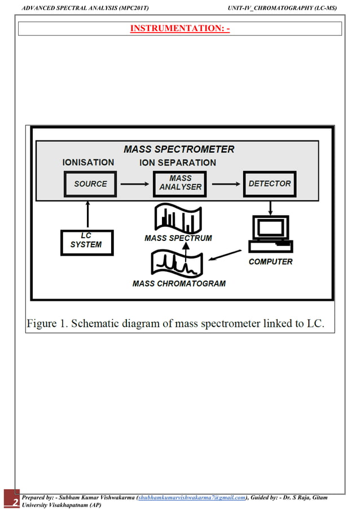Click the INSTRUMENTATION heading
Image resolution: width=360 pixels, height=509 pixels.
pyautogui.click(x=180, y=28)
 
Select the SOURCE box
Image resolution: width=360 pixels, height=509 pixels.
pyautogui.click(x=90, y=184)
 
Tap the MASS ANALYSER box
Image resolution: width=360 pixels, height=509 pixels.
pyautogui.click(x=180, y=182)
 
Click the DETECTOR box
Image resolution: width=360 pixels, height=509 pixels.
pyautogui.click(x=269, y=184)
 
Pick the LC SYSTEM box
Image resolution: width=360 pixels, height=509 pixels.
pyautogui.click(x=86, y=242)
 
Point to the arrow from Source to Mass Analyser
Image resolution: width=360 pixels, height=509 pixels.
pyautogui.click(x=134, y=184)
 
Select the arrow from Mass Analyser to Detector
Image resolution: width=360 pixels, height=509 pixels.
pyautogui.click(x=224, y=184)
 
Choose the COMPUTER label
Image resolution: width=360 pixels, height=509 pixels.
pyautogui.click(x=271, y=262)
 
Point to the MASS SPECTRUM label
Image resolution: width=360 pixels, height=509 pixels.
pyautogui.click(x=178, y=238)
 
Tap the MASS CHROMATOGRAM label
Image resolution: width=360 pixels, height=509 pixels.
pyautogui.click(x=179, y=284)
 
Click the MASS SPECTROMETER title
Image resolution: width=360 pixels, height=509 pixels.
pyautogui.click(x=179, y=150)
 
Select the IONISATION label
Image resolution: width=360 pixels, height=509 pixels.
pyautogui.click(x=88, y=163)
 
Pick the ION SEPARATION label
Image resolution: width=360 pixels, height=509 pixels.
pyautogui.click(x=178, y=163)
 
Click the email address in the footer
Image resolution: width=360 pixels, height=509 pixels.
pyautogui.click(x=192, y=498)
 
